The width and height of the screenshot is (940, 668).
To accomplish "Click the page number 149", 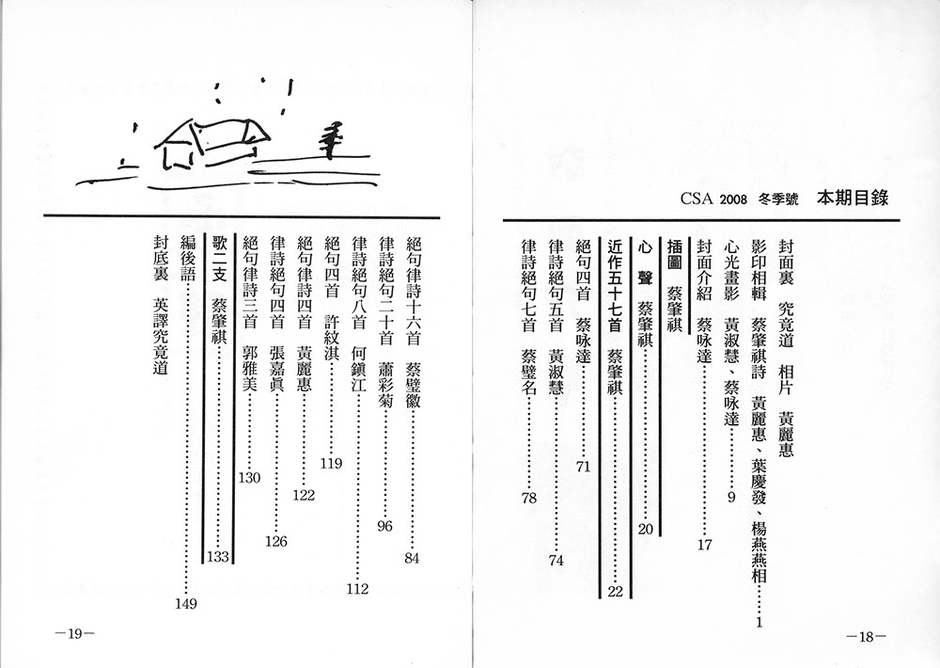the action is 186,604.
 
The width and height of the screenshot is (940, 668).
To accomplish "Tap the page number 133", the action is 218,556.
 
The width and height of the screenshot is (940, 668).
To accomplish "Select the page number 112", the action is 357,589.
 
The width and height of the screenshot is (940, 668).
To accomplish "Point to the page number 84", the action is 412,558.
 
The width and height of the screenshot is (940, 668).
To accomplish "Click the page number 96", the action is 384,526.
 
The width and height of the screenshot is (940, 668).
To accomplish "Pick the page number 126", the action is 276,541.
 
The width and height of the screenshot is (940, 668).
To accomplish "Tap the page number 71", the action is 584,467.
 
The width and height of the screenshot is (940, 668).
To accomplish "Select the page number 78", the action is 529,498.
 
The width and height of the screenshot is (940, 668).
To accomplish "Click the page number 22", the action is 616,591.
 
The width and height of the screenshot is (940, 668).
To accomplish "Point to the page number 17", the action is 704,545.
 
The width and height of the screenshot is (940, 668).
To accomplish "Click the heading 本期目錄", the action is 852,199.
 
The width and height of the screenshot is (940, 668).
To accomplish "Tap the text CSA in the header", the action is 697,199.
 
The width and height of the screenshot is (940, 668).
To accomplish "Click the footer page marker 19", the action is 74,634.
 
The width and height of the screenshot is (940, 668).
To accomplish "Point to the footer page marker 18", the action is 867,637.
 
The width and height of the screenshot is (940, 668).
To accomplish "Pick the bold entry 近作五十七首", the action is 616,287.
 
